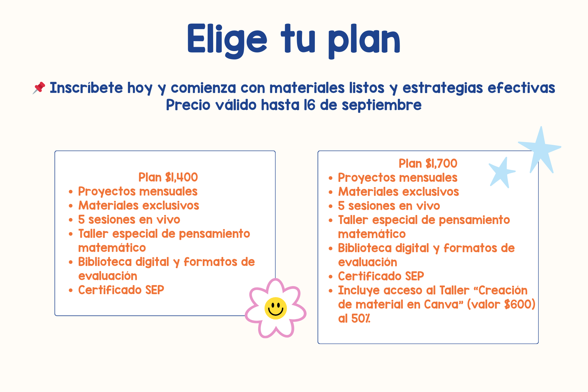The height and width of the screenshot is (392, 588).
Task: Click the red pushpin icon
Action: [39, 88]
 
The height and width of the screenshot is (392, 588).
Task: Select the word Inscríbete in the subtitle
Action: [86, 88]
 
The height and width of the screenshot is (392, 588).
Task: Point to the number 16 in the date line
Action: [309, 105]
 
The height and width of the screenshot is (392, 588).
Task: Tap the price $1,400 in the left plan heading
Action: [181, 177]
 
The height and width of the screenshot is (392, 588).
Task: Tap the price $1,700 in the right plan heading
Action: [441, 164]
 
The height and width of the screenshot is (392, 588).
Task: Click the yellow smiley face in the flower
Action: [276, 308]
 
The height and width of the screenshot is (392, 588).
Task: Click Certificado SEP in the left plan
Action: [121, 290]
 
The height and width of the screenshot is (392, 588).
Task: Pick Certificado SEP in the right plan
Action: [381, 276]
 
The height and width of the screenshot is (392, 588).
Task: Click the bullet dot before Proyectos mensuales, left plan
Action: [71, 192]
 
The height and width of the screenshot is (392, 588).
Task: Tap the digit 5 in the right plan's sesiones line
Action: [341, 206]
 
